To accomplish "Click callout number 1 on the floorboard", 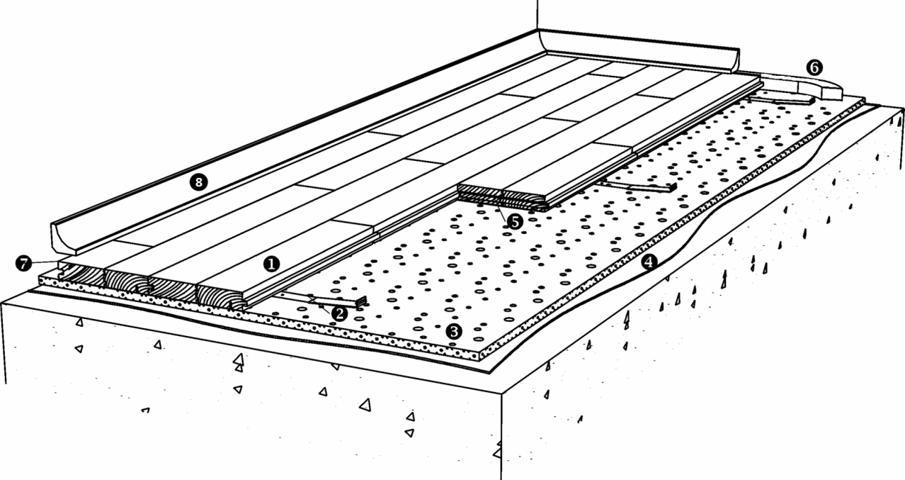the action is (x=271, y=264).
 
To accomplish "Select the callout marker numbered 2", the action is (x=339, y=313).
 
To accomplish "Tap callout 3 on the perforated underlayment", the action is (x=454, y=332).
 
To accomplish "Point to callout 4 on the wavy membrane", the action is (x=649, y=262).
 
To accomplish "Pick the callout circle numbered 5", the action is (x=515, y=222).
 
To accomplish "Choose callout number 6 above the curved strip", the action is (x=814, y=67).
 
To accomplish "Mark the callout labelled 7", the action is (x=23, y=264).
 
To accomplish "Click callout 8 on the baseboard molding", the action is (x=198, y=182).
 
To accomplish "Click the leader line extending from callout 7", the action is (x=45, y=262).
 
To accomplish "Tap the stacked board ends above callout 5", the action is (x=501, y=197).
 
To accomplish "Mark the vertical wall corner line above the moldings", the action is (x=537, y=15).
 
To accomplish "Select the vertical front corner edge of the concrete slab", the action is (x=502, y=437).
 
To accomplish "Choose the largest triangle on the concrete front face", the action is (x=365, y=405).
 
